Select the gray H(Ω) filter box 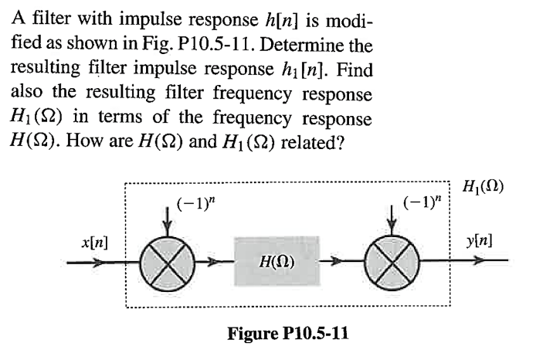[x=276, y=262]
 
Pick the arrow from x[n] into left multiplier [x=100, y=262]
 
